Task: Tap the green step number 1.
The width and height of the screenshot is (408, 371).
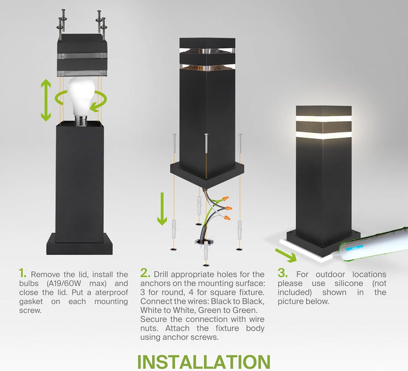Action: point(23,274)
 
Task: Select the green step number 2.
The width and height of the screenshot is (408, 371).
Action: point(145,274)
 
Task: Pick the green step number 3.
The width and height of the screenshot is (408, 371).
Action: point(282,274)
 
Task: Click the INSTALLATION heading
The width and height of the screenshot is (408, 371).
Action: point(203,361)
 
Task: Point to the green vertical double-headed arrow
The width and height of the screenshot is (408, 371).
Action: point(46,100)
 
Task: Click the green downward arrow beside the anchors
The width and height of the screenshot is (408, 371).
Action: point(162,208)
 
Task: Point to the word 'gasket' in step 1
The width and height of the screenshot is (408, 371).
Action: point(32,301)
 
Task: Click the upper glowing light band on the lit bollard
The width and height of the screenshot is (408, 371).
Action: point(324,118)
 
